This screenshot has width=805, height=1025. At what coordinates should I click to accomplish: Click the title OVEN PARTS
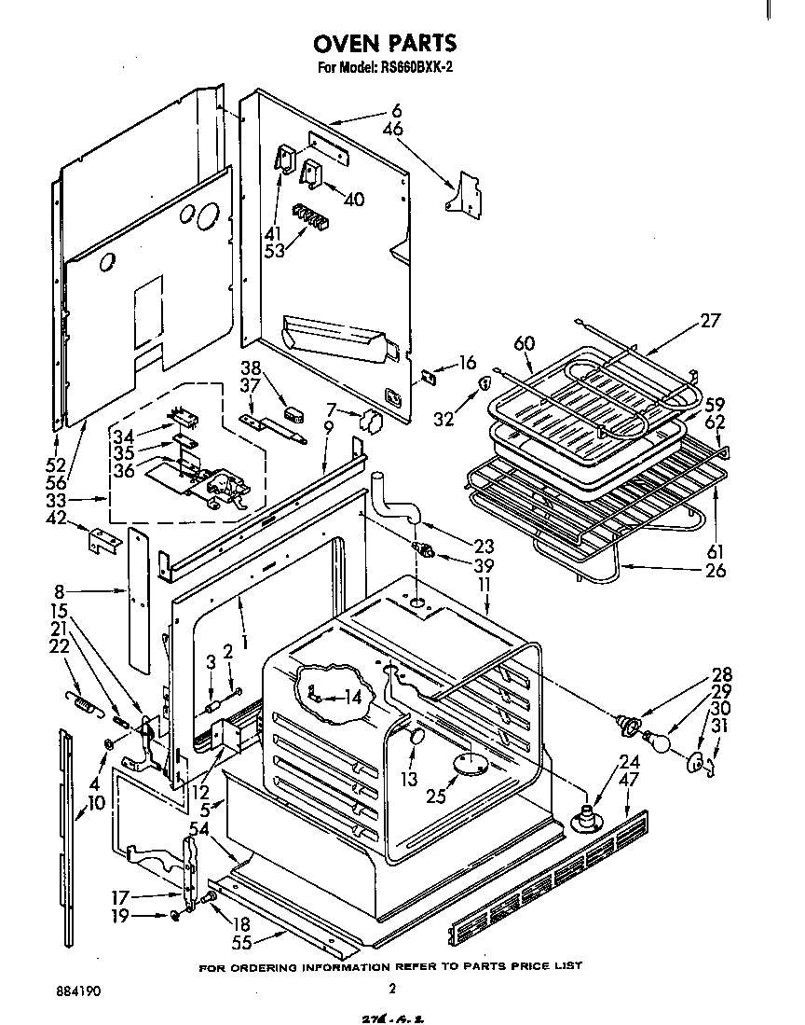[x=385, y=43]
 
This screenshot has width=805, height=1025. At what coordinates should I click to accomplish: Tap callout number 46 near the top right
[x=393, y=130]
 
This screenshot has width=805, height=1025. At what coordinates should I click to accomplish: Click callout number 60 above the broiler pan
[x=525, y=344]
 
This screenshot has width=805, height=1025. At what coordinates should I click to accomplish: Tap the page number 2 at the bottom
[x=392, y=989]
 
